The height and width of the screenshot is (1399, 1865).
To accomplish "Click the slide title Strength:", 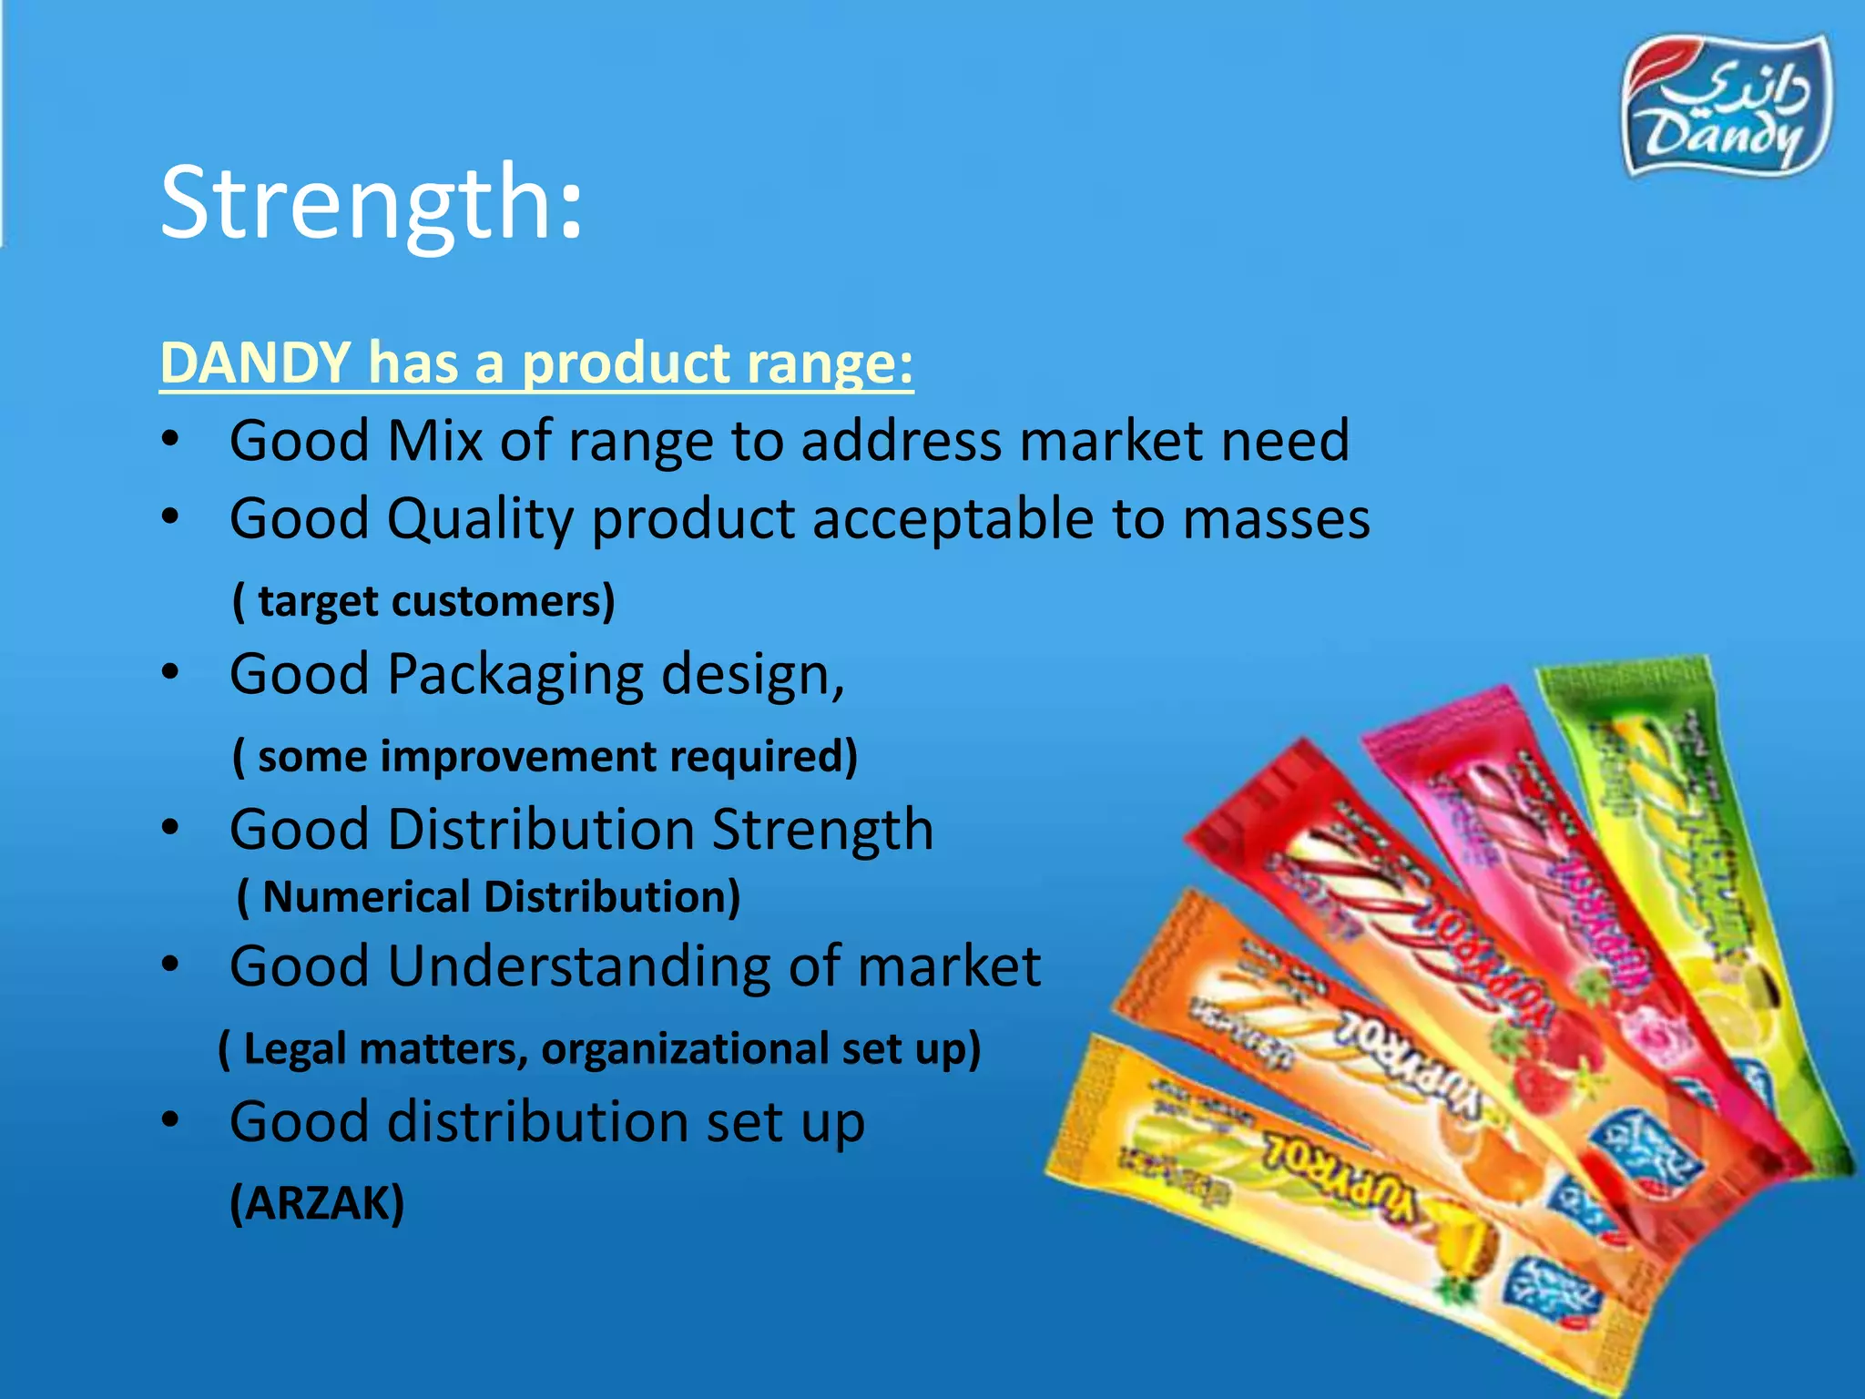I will [x=371, y=201].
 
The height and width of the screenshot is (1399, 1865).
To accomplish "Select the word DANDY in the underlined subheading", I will [x=256, y=363].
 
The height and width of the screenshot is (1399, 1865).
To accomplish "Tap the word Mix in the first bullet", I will [x=434, y=441].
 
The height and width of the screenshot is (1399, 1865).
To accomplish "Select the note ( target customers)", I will [x=423, y=601].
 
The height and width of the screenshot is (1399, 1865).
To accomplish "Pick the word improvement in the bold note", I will [x=517, y=756].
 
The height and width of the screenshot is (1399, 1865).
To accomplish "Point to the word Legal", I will [x=294, y=1048].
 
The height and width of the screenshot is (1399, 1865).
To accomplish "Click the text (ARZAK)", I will [x=317, y=1203].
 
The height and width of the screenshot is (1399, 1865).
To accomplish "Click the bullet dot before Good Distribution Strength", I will [x=170, y=828].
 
